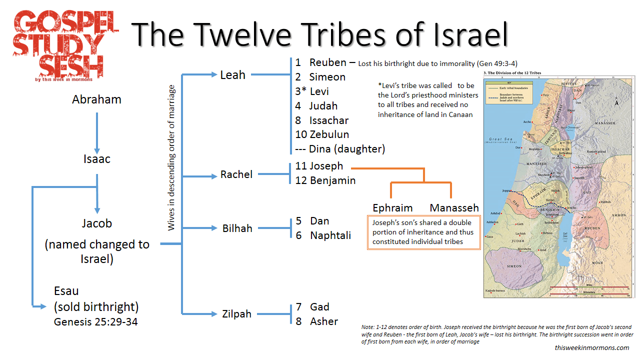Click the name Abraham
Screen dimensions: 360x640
[x=96, y=99]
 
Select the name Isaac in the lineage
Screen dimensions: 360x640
[x=97, y=159]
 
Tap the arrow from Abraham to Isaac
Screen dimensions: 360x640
[x=97, y=132]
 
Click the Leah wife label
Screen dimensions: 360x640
[x=232, y=75]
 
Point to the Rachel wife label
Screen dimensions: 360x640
[x=236, y=174]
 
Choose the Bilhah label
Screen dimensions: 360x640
[x=237, y=228]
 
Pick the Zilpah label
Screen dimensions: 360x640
[x=236, y=314]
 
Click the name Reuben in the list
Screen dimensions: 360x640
[x=327, y=62]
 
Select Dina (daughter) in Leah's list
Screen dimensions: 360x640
[x=346, y=148]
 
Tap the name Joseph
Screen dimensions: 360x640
[x=326, y=166]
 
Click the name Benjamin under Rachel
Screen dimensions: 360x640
[x=332, y=180]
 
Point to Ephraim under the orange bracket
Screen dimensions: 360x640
[x=392, y=208]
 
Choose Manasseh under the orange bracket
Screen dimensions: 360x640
[x=454, y=208]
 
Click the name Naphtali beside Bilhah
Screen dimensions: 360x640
[x=330, y=235]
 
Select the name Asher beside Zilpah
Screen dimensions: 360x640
[x=324, y=321]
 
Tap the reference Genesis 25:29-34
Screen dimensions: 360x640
[x=95, y=322]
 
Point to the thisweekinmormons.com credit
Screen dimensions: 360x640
[x=592, y=347]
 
